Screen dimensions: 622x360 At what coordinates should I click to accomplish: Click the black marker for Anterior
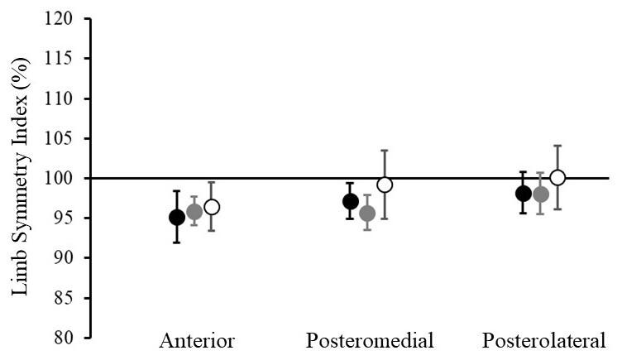coord(177,218)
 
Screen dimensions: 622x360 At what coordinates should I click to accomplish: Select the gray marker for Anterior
coord(194,212)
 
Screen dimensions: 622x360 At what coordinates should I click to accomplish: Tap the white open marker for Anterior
coord(212,207)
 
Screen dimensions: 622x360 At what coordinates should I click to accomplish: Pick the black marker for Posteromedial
coord(351,201)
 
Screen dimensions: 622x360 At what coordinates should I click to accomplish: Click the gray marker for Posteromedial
coord(367,214)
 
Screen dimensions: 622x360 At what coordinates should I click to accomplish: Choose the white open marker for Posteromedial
coord(385,185)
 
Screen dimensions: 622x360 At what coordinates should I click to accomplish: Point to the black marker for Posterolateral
coord(524,194)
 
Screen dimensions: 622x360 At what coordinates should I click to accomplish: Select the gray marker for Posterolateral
coord(541,194)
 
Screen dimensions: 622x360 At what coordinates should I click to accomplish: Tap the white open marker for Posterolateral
coord(557,177)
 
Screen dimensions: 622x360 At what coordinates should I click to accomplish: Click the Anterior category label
coord(197,341)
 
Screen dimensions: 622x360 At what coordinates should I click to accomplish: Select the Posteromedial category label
coord(370,341)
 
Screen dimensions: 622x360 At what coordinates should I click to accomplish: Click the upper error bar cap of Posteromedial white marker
coord(385,151)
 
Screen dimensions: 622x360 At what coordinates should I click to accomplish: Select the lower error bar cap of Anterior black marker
coord(177,242)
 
